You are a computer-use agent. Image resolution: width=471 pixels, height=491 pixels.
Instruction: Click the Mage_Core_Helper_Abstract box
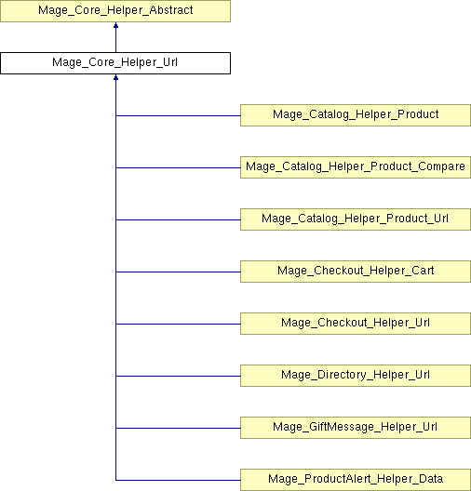(115, 11)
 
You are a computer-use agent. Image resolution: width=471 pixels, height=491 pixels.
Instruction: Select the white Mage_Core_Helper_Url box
(115, 63)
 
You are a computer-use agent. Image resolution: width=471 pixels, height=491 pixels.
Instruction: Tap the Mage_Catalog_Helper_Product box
(356, 115)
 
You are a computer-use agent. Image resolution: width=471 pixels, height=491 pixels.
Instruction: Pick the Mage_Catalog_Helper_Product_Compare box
(356, 167)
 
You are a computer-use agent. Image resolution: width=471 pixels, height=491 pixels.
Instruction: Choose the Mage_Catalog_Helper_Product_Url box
(356, 219)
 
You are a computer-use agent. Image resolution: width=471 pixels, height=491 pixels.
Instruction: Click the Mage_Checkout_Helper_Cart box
(356, 272)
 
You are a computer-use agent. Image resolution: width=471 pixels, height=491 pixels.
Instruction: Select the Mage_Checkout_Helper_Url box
(356, 324)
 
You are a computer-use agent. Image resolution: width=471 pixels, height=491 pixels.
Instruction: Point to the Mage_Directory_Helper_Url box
(356, 376)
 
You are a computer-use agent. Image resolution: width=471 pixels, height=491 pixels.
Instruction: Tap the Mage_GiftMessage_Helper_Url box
(356, 428)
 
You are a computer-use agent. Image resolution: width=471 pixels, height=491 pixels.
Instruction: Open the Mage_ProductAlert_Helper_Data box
(356, 480)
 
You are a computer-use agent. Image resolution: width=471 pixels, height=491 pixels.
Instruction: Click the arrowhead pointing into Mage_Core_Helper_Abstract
(115, 25)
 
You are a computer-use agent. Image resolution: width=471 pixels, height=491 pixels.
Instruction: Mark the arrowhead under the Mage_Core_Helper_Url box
(115, 77)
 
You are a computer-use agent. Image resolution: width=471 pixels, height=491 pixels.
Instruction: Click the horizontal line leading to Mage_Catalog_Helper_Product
(178, 115)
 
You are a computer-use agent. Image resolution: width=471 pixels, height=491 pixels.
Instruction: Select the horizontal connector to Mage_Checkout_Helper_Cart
(178, 272)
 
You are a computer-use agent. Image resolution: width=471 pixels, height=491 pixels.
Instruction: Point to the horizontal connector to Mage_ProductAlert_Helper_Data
(178, 480)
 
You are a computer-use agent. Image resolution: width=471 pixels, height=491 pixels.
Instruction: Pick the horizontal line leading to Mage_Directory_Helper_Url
(178, 376)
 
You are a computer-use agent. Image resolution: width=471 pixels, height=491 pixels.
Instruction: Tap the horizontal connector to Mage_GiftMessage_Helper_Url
(178, 428)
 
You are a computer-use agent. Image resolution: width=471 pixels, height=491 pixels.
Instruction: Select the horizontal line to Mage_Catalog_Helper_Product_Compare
(178, 167)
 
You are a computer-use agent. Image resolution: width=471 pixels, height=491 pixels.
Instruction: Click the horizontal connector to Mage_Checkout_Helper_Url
(178, 324)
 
